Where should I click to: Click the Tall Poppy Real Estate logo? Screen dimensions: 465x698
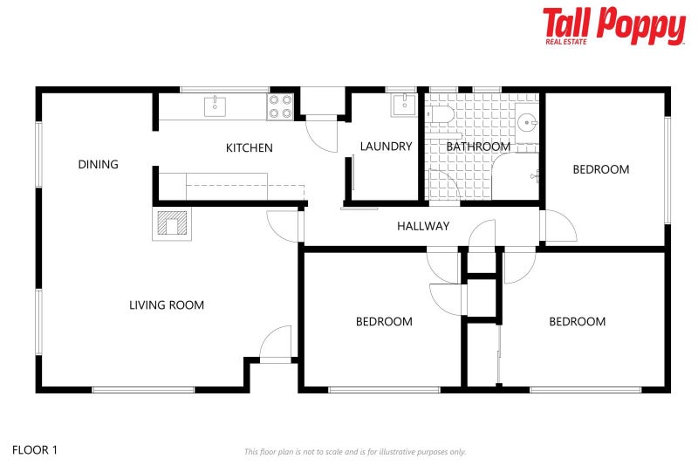[x=613, y=25]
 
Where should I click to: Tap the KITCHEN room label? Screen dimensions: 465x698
[x=250, y=148]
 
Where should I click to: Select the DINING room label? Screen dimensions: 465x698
[x=98, y=164]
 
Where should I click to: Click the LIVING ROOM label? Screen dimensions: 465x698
[x=167, y=305]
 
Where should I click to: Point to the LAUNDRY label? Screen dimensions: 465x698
[x=386, y=147]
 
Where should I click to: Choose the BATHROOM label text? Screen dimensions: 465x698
[x=478, y=147]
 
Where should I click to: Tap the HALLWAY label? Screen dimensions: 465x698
[x=423, y=226]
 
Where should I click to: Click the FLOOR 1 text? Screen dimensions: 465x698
[x=35, y=450]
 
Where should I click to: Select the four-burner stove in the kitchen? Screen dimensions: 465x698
[x=280, y=106]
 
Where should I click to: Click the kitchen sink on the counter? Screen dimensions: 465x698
[x=215, y=106]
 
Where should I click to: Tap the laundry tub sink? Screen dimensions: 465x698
[x=403, y=106]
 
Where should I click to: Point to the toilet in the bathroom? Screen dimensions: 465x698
[x=440, y=113]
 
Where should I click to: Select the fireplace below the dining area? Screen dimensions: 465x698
[x=172, y=224]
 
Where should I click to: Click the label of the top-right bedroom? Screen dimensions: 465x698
[x=600, y=169]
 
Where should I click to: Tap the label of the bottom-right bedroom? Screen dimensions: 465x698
[x=577, y=322]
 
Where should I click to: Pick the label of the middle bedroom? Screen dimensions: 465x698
[x=384, y=322]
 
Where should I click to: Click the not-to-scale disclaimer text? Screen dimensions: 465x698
[x=354, y=452]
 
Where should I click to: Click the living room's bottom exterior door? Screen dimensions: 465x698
[x=277, y=344]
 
